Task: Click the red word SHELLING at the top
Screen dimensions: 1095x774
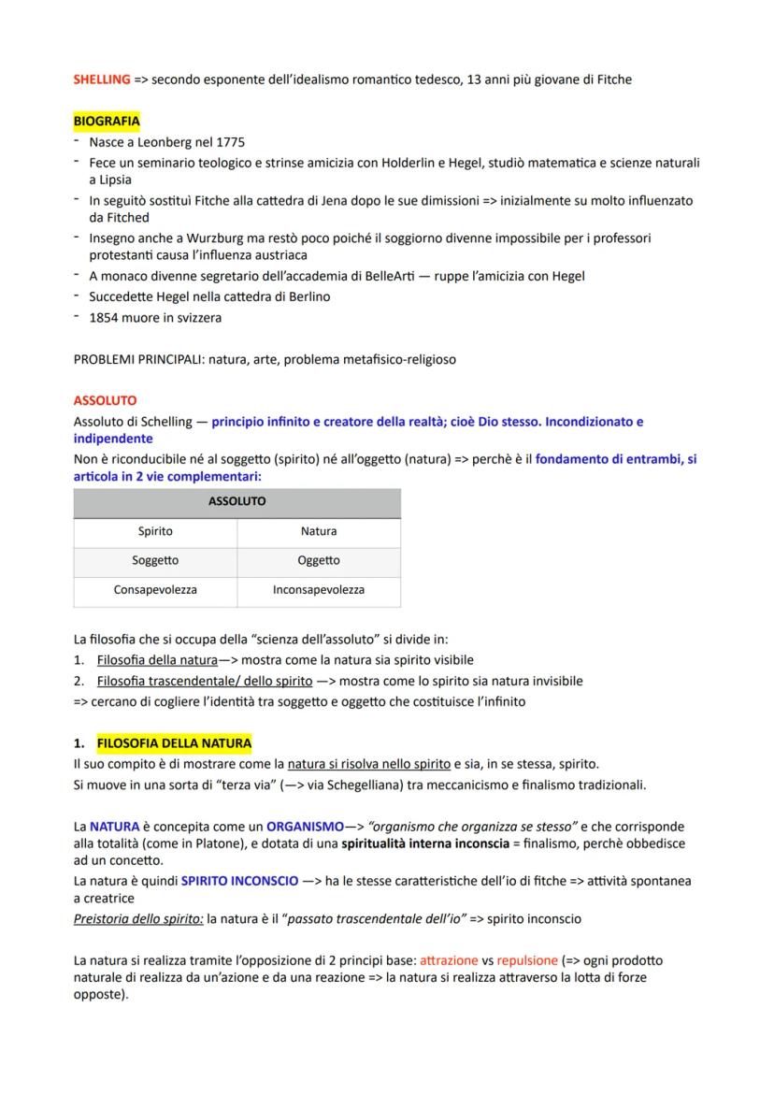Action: (102, 79)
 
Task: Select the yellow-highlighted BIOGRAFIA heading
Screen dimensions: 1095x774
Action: (107, 122)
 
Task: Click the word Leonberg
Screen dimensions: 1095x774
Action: (165, 142)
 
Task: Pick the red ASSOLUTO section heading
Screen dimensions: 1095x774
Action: (106, 399)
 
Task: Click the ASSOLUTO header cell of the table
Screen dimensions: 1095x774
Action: (236, 501)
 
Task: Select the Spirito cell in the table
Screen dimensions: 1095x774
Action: (155, 531)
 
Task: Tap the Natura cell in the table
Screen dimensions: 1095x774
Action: (319, 531)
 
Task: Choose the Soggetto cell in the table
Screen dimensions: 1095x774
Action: (155, 560)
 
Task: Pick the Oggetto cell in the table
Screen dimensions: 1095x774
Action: (319, 560)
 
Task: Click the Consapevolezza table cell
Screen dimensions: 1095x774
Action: (155, 590)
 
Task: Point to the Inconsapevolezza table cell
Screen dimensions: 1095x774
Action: (319, 590)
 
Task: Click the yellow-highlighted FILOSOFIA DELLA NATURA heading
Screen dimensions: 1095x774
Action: (174, 743)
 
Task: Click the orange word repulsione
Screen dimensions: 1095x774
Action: (528, 960)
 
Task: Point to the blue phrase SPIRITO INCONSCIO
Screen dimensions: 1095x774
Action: (240, 881)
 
